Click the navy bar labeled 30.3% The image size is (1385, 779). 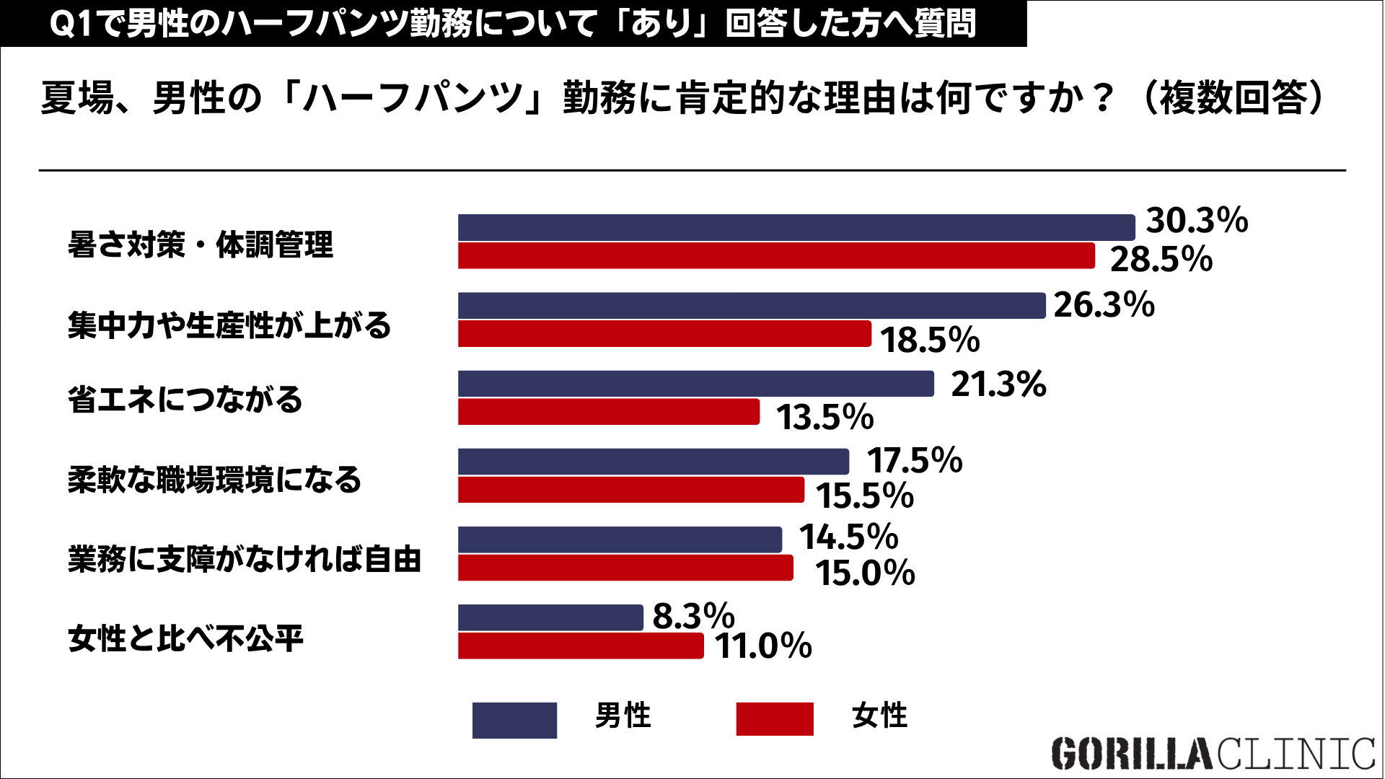(796, 227)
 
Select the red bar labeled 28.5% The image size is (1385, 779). (776, 255)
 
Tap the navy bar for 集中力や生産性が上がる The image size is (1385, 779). (752, 305)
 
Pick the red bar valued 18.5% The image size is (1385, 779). (664, 333)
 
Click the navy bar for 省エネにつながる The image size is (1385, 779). (696, 384)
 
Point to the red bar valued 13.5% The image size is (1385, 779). (609, 411)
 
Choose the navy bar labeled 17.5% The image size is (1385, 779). (654, 462)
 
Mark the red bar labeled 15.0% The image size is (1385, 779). (625, 568)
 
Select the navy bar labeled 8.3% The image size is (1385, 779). (550, 617)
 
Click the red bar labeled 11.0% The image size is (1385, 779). (581, 646)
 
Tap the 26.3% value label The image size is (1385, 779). (1104, 304)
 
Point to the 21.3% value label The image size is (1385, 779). (998, 384)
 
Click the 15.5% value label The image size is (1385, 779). (865, 496)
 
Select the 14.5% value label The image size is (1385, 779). (848, 537)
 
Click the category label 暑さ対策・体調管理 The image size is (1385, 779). (201, 245)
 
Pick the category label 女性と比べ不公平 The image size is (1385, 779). (186, 638)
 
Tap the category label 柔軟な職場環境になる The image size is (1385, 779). (214, 480)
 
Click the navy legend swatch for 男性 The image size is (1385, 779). (514, 720)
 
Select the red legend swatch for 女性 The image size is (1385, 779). (775, 718)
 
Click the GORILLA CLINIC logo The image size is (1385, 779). (1213, 754)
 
